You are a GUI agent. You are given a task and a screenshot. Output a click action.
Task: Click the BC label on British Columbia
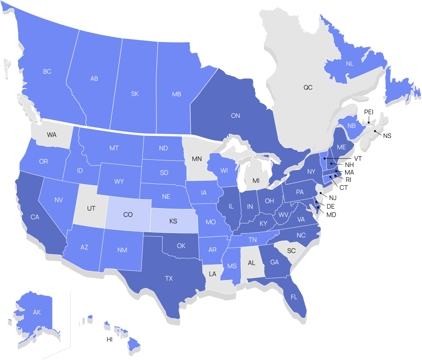pyautogui.click(x=47, y=71)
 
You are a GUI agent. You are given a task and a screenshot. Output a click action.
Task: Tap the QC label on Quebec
pyautogui.click(x=308, y=87)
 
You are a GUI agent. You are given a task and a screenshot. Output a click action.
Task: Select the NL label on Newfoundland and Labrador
pyautogui.click(x=350, y=64)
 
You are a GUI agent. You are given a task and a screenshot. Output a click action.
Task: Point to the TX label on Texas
pyautogui.click(x=169, y=279)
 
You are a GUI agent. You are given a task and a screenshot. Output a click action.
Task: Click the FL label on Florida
pyautogui.click(x=294, y=297)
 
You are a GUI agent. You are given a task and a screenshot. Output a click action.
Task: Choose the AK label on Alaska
pyautogui.click(x=37, y=312)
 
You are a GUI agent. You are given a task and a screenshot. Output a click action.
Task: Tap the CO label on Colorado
pyautogui.click(x=128, y=215)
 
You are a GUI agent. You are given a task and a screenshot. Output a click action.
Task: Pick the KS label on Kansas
pyautogui.click(x=173, y=222)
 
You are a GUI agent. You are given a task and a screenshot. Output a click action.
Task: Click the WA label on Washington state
pyautogui.click(x=52, y=135)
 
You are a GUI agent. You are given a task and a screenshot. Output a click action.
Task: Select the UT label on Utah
pyautogui.click(x=91, y=208)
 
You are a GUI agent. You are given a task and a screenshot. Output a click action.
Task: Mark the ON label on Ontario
pyautogui.click(x=235, y=116)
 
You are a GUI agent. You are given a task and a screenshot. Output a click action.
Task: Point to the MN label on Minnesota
pyautogui.click(x=197, y=159)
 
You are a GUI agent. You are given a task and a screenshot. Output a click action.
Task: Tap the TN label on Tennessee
pyautogui.click(x=253, y=240)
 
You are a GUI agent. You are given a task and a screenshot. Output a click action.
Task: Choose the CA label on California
pyautogui.click(x=35, y=217)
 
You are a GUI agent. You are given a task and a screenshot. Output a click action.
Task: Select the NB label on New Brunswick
pyautogui.click(x=351, y=126)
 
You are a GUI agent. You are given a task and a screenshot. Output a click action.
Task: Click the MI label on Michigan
pyautogui.click(x=256, y=181)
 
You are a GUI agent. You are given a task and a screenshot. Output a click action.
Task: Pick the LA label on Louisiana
pyautogui.click(x=212, y=274)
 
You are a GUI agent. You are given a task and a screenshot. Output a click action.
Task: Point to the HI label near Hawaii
pyautogui.click(x=109, y=339)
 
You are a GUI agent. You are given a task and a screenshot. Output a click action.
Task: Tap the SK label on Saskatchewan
pyautogui.click(x=135, y=94)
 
